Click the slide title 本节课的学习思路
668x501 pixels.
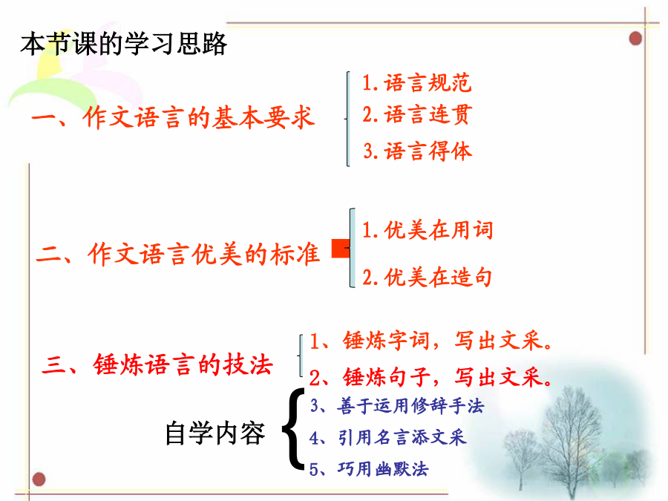[x=123, y=44]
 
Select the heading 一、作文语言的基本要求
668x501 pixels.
[x=174, y=117]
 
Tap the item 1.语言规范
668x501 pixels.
[x=416, y=82]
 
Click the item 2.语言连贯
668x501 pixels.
[x=417, y=114]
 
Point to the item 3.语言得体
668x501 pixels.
[x=417, y=151]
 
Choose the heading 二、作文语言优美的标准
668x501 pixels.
[x=178, y=255]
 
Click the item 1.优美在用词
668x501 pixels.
[x=428, y=230]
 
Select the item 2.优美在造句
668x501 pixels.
[x=428, y=277]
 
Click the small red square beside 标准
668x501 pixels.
[x=341, y=249]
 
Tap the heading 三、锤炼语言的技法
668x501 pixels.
[x=157, y=364]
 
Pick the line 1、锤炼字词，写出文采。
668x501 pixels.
[x=430, y=341]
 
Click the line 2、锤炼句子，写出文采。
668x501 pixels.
[x=430, y=377]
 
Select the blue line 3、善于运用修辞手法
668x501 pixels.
[x=396, y=405]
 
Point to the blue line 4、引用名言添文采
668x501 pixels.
[x=387, y=437]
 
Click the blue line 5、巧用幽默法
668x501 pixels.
[x=368, y=469]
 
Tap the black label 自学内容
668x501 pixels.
[x=215, y=433]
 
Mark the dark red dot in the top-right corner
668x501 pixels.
[x=635, y=39]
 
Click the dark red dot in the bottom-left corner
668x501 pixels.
[x=39, y=479]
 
